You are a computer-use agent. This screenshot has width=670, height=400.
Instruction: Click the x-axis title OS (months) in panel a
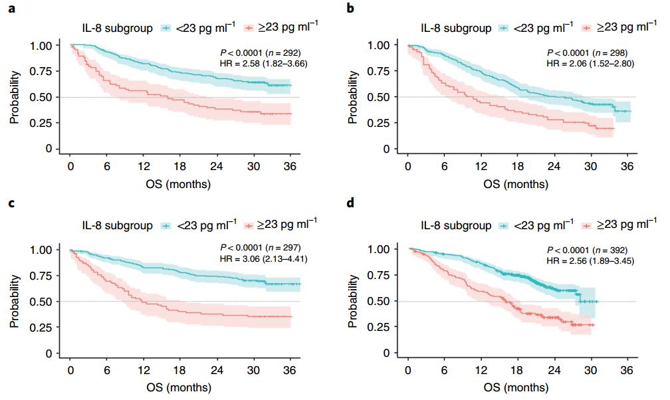coord(180,184)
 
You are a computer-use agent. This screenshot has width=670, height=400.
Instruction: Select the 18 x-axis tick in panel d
coord(518,369)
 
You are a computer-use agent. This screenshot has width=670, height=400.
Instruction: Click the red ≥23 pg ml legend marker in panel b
coord(586,28)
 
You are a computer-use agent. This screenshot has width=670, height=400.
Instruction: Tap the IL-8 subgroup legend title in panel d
coord(455,225)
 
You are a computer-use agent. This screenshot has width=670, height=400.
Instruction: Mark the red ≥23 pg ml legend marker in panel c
coord(250,226)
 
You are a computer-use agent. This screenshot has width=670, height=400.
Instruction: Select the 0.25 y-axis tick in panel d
coord(381,328)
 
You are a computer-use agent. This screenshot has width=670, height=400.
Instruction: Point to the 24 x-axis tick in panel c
coord(217,371)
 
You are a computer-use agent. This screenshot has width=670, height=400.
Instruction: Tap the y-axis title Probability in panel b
coord(353,97)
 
